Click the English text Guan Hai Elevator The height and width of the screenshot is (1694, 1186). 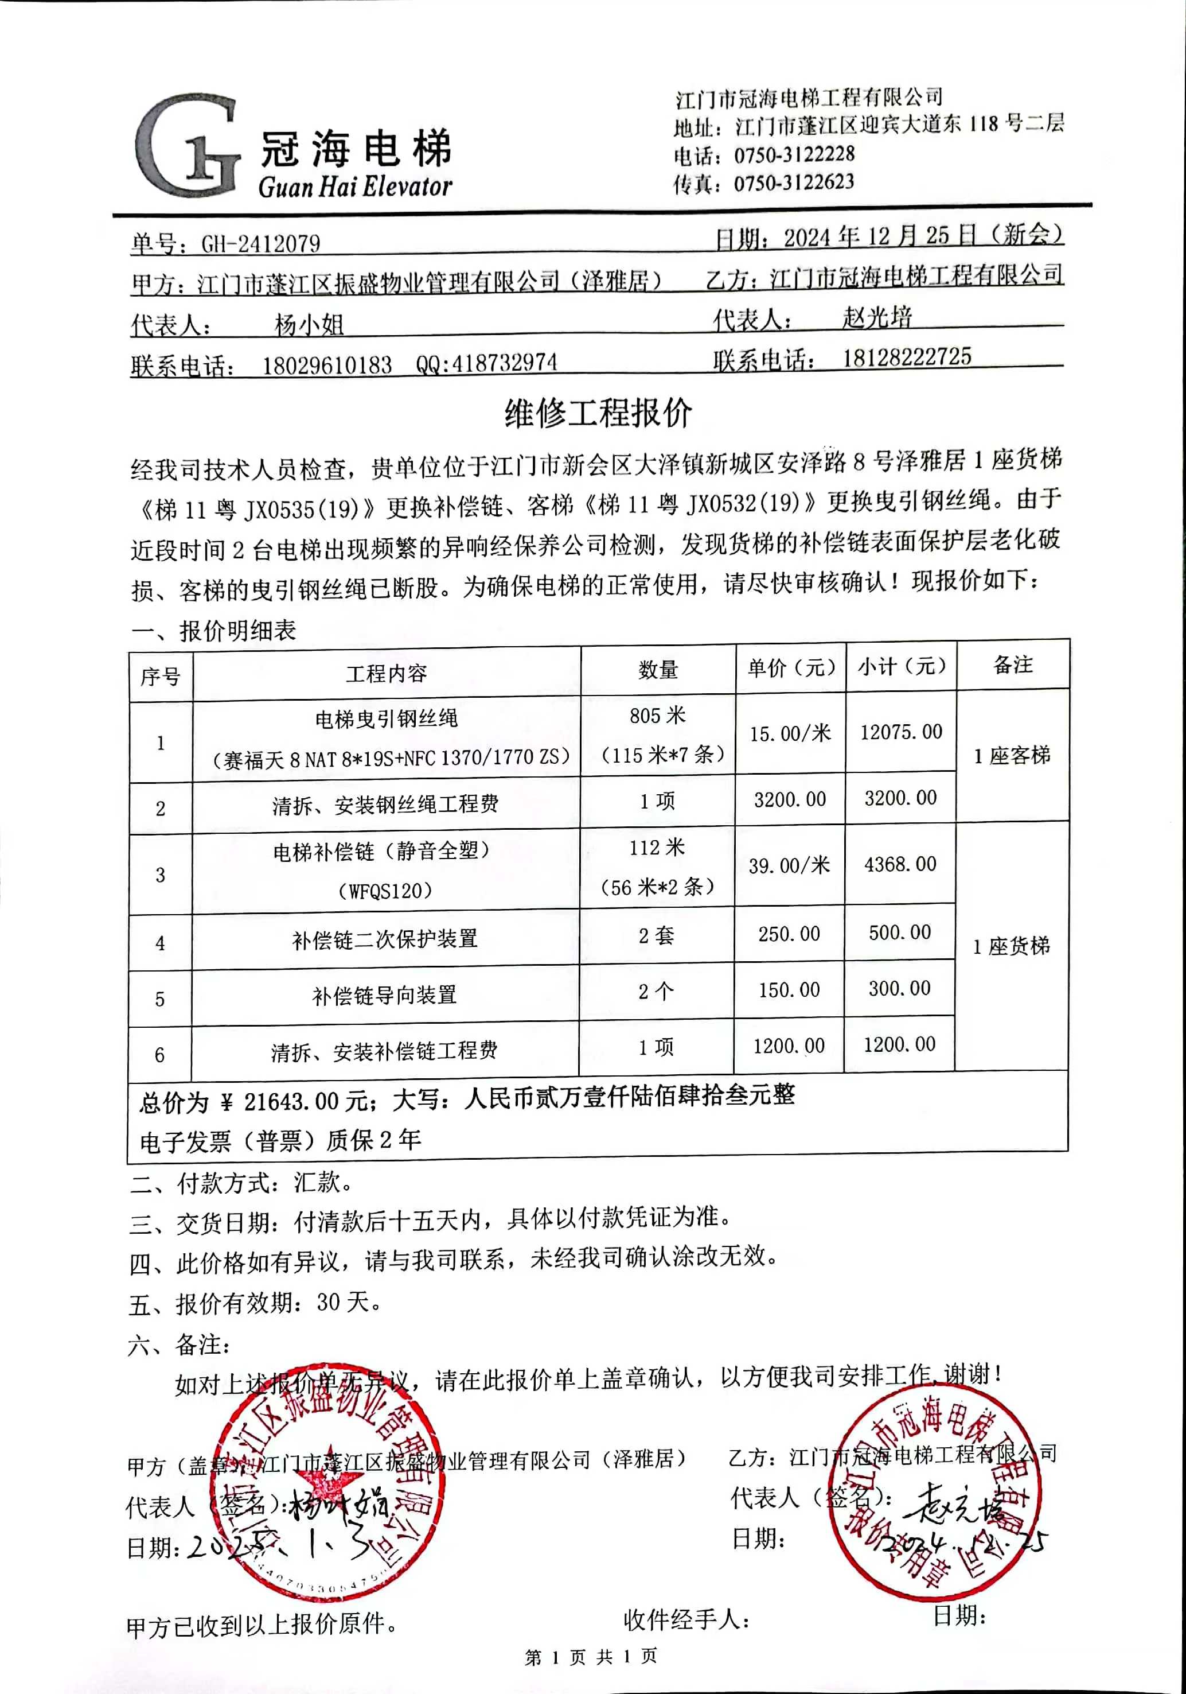click(355, 187)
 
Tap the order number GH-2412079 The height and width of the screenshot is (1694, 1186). click(260, 243)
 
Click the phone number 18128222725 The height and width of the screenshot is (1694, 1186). click(907, 357)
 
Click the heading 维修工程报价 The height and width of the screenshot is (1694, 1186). click(598, 413)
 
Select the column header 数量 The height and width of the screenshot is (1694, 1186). click(658, 670)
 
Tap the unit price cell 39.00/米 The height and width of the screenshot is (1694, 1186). click(789, 865)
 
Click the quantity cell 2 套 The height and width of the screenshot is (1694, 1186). click(657, 935)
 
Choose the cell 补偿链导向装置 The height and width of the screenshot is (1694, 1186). click(384, 995)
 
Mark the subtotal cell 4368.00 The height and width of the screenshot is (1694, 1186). click(900, 864)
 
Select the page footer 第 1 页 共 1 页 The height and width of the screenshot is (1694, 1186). click(590, 1656)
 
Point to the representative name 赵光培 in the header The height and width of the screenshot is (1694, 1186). click(877, 317)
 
